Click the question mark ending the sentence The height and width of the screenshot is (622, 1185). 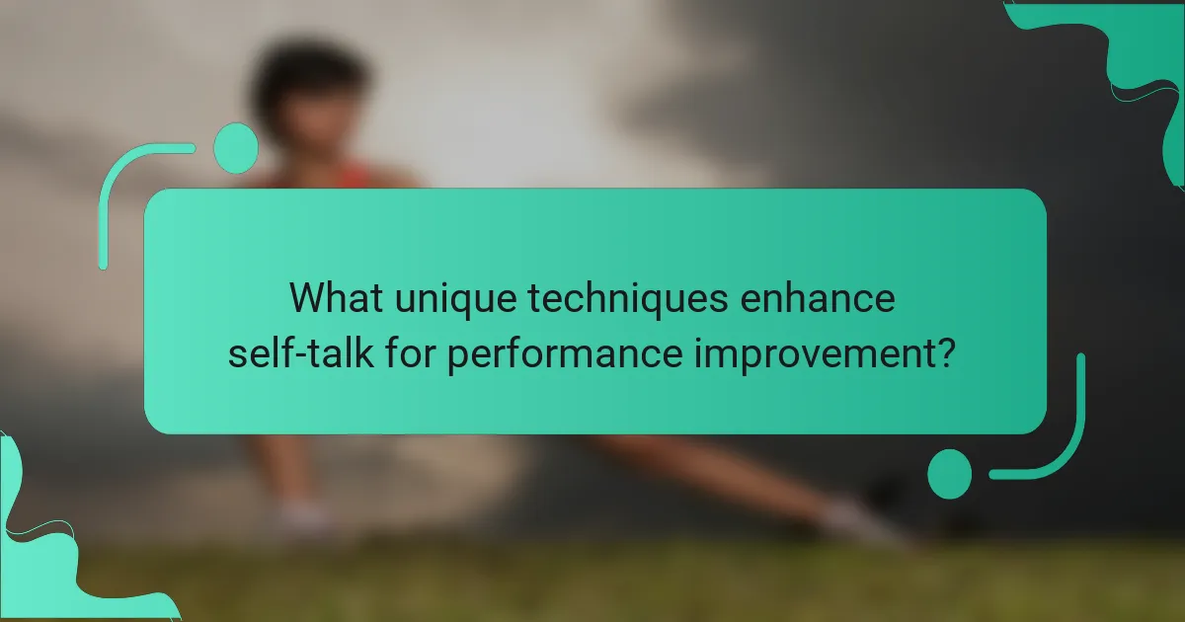coord(945,351)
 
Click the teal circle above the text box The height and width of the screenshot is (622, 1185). coord(236,148)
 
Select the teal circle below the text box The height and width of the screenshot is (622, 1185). coord(950,474)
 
